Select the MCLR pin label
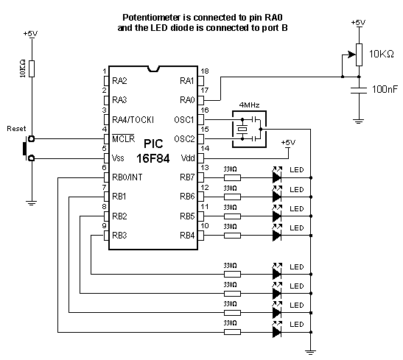[123, 138]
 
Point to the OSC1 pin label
[183, 119]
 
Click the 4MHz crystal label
[249, 105]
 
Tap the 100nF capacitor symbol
[358, 89]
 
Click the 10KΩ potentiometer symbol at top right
[359, 52]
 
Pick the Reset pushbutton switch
[27, 147]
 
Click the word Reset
[15, 127]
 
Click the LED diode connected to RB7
[277, 177]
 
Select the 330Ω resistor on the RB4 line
[231, 236]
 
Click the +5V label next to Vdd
[287, 142]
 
